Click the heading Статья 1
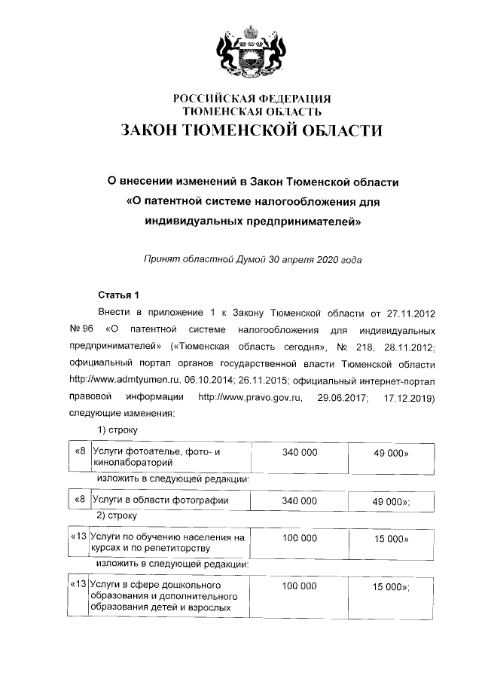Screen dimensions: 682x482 coord(119,293)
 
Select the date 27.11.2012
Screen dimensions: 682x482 coord(413,312)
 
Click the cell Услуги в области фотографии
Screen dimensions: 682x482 coord(160,500)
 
